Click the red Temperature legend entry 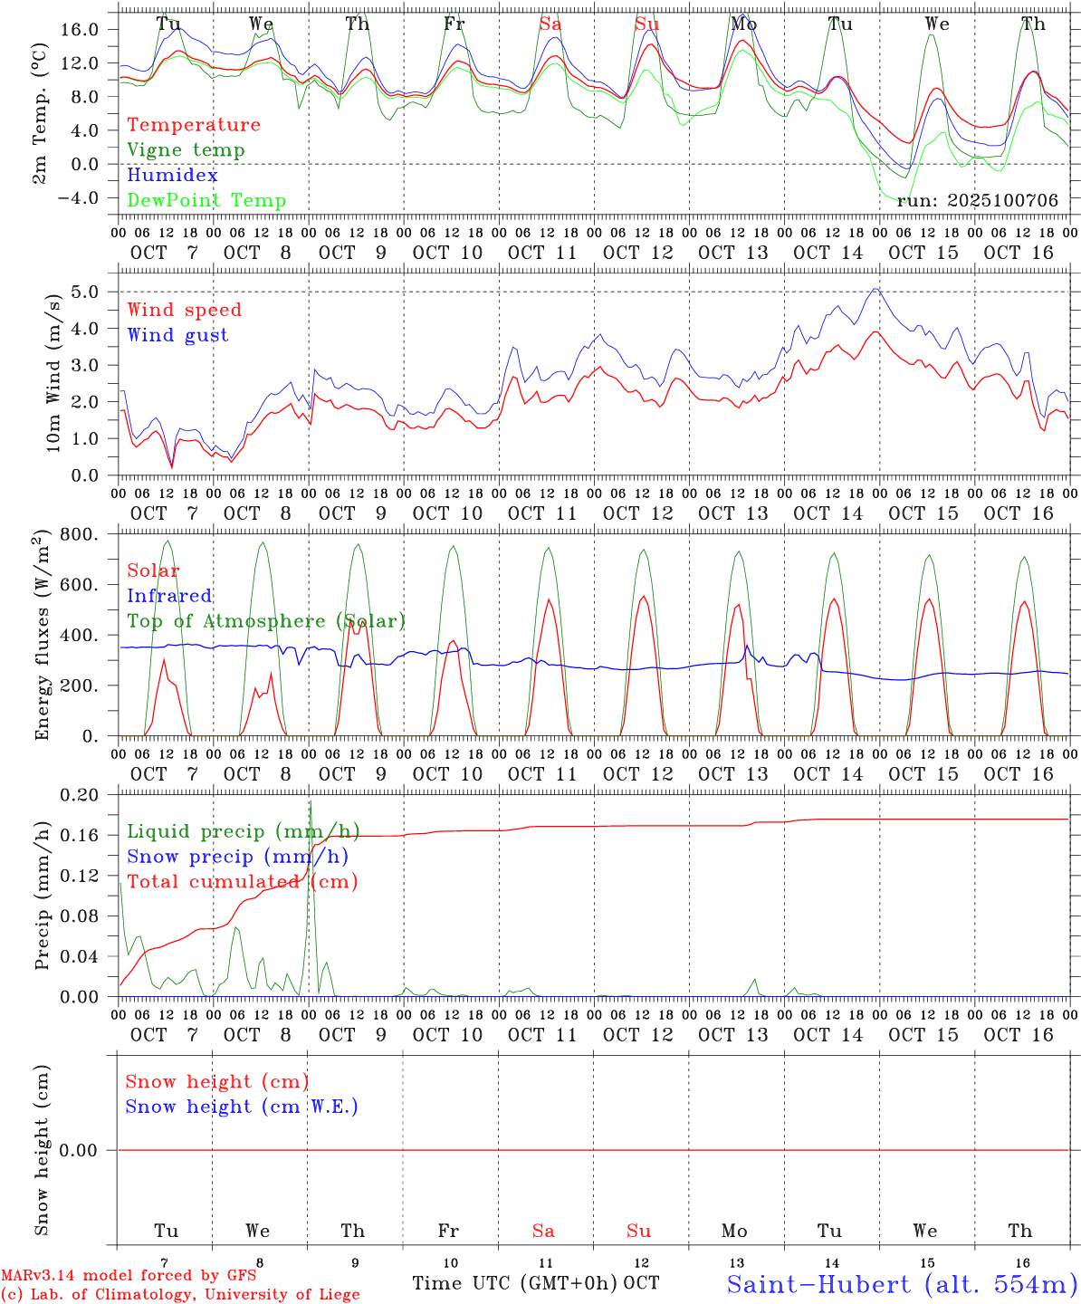(193, 125)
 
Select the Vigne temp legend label (186, 150)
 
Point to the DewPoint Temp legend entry (206, 200)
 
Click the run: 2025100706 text (977, 200)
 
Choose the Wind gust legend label (177, 335)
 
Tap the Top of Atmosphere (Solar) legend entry (265, 621)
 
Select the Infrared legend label (169, 596)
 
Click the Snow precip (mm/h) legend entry (237, 857)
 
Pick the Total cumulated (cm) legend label (242, 881)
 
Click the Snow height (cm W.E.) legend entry (242, 1107)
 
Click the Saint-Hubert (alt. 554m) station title (902, 1283)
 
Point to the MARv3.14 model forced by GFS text (128, 1276)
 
